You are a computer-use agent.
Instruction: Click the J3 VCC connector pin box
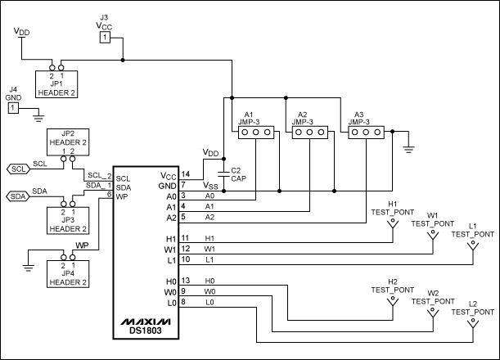coord(104,38)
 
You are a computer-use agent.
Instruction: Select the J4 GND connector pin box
coord(13,107)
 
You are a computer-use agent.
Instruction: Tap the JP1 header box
coord(56,83)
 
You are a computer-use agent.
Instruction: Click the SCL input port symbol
coord(18,169)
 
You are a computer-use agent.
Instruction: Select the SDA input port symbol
coord(18,196)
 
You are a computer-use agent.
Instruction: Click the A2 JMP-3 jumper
coord(310,131)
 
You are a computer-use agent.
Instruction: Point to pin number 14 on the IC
coord(186,174)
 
